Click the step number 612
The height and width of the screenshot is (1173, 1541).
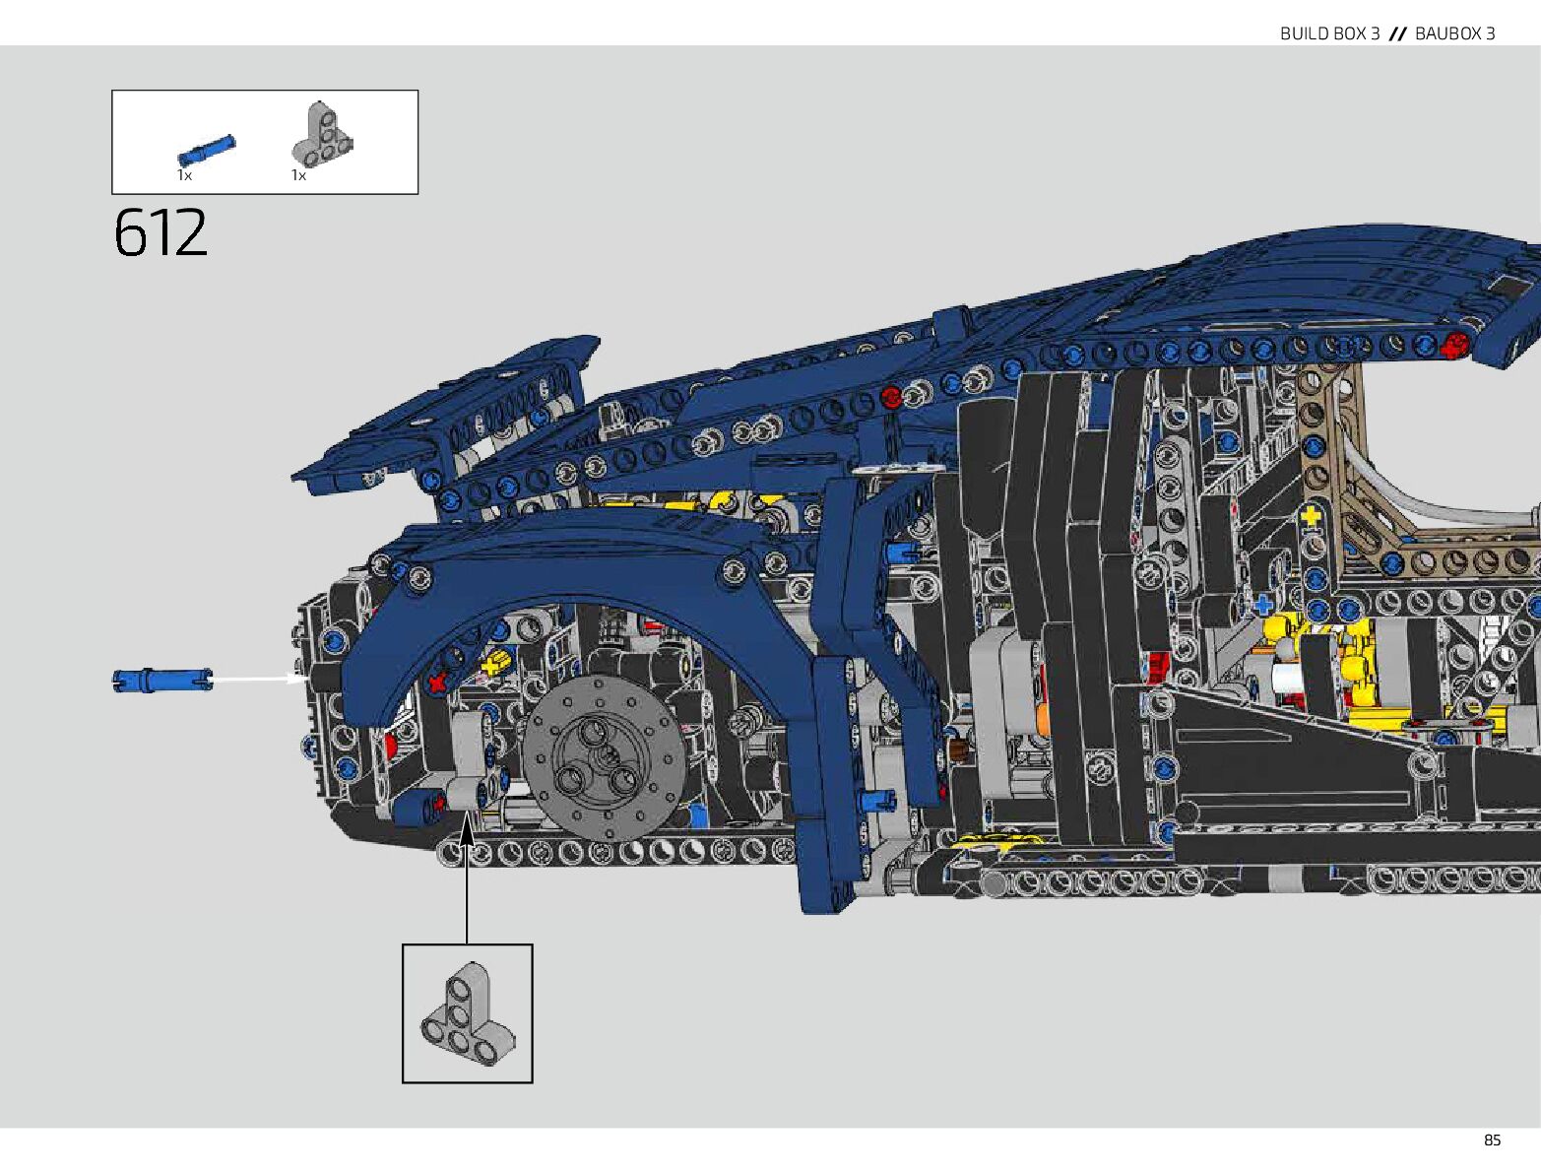tap(161, 232)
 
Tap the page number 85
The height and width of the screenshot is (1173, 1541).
tap(1492, 1140)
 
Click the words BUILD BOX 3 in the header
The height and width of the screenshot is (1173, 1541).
tap(1329, 33)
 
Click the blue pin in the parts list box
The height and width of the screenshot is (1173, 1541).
tap(207, 149)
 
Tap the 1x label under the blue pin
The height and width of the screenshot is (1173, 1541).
tap(184, 175)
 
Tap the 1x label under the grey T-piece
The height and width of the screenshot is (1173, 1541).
tap(298, 175)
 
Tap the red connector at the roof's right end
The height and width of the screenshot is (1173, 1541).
tap(1453, 345)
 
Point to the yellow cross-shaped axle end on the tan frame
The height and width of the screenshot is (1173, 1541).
tap(1311, 516)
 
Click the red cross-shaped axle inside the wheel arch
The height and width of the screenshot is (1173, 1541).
tap(436, 682)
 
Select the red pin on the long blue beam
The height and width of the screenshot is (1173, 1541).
tap(891, 398)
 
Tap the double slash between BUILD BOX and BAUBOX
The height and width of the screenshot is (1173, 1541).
tap(1397, 33)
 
